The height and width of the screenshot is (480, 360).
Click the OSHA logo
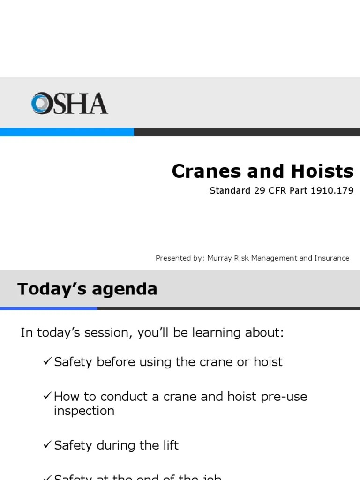coord(69,104)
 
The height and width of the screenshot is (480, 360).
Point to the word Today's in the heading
coord(51,289)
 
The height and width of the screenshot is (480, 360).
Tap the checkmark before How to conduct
coord(47,397)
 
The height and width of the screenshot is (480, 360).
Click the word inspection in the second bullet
coord(84,411)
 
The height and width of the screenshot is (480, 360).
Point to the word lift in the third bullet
coord(169,445)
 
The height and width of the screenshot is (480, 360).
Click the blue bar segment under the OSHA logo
coord(67,132)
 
